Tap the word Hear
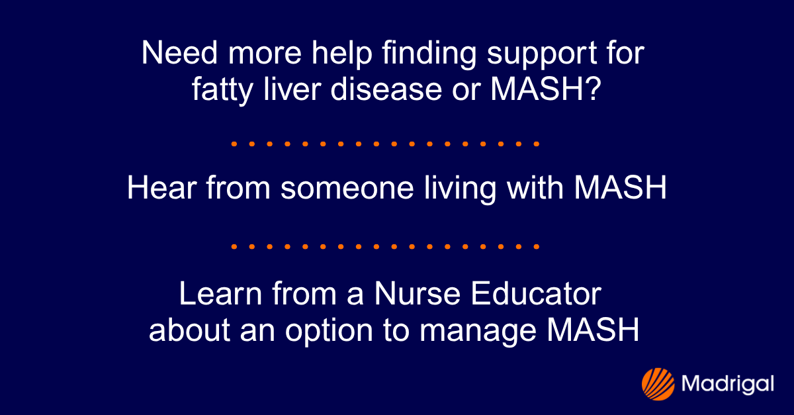(x=157, y=189)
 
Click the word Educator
(x=536, y=295)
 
